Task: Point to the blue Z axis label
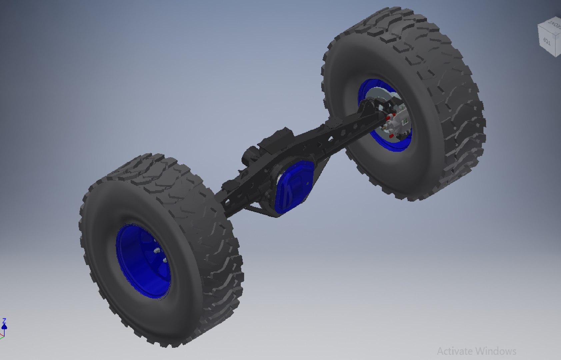pos(4,321)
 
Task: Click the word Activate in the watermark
pos(455,351)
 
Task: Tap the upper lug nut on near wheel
pos(156,250)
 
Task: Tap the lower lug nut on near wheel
pos(164,260)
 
